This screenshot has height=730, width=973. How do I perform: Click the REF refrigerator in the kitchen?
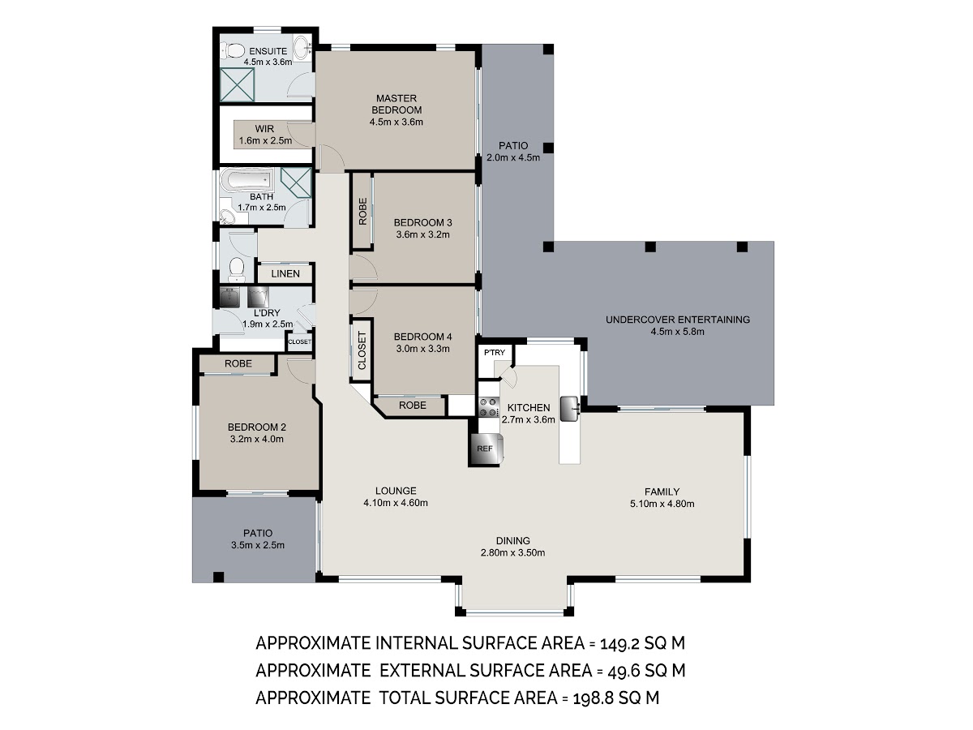tap(486, 449)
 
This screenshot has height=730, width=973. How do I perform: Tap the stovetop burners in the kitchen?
tap(488, 407)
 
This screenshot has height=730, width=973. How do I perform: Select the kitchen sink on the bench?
tap(570, 409)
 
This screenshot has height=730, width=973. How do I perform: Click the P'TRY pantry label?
tap(495, 352)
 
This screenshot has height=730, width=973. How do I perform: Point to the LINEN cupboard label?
tap(285, 274)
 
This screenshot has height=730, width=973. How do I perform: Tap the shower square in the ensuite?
tap(238, 84)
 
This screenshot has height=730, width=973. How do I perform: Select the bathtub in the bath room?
tap(246, 180)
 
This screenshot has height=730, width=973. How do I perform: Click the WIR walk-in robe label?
tap(264, 129)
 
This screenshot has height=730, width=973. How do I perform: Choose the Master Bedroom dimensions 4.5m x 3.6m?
tap(396, 122)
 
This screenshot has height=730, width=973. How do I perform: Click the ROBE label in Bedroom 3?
tap(362, 212)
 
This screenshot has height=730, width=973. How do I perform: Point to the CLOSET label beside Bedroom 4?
tap(362, 350)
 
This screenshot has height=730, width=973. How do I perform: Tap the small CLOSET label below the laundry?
tap(300, 341)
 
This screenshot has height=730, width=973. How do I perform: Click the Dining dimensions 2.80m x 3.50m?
tap(513, 552)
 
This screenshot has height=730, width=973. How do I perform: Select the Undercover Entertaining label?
tap(678, 320)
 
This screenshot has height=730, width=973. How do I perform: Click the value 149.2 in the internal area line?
tap(619, 643)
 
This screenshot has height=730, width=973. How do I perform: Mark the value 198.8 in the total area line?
tap(593, 698)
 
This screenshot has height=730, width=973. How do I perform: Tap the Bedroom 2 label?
tap(257, 427)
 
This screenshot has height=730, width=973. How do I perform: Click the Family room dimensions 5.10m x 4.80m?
tap(662, 504)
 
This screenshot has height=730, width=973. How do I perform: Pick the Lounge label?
tap(396, 491)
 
